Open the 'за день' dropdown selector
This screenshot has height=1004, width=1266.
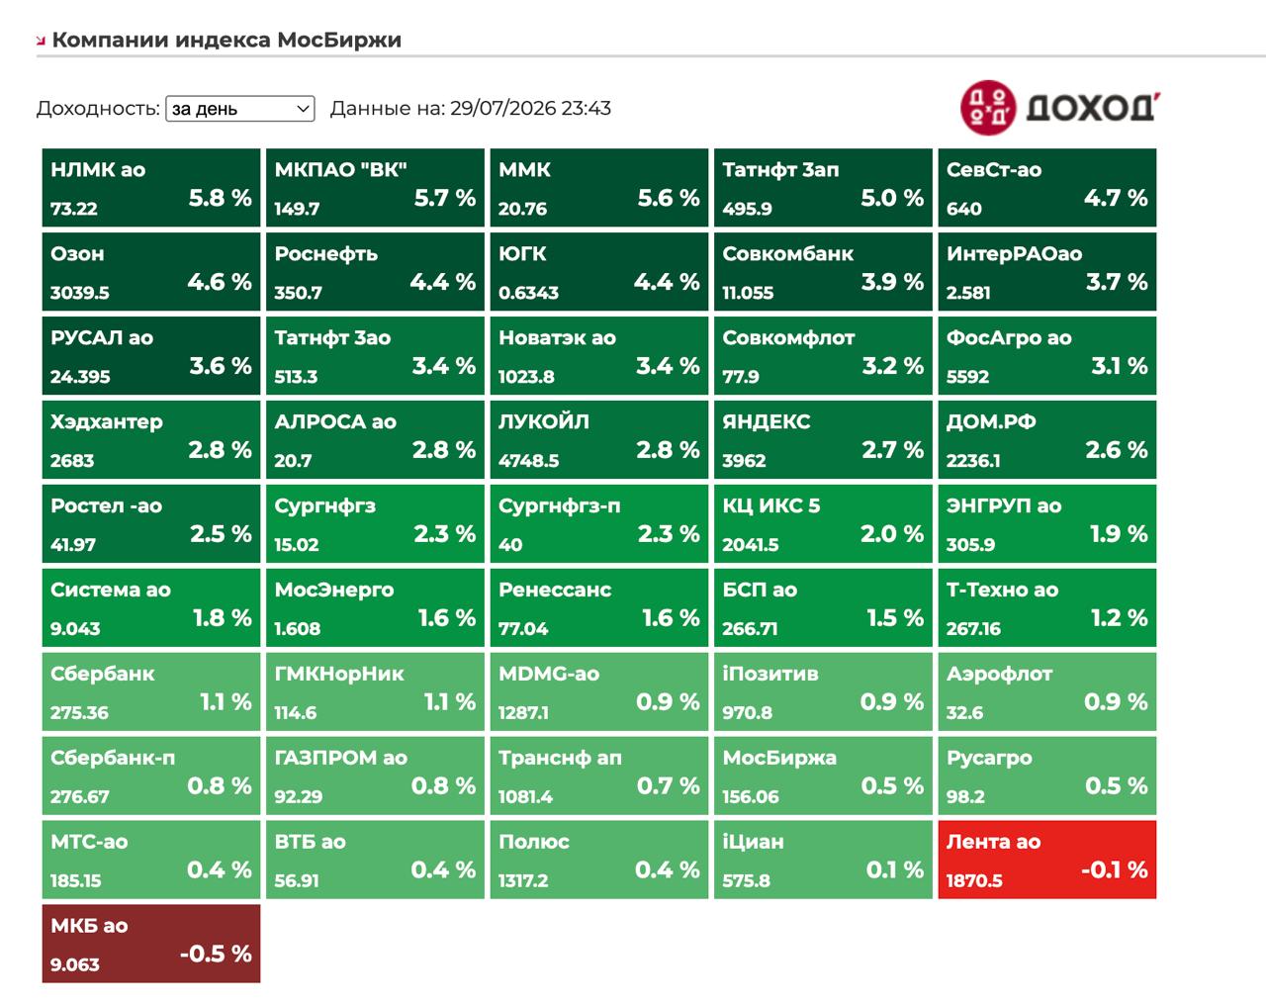click(x=240, y=109)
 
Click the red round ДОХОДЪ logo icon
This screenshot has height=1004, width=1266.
click(x=988, y=108)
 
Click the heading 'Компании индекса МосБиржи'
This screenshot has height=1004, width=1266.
click(x=226, y=40)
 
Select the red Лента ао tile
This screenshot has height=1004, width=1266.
click(x=1047, y=860)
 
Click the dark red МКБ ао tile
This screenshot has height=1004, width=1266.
click(x=151, y=944)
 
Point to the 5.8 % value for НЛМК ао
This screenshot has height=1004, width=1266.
click(x=220, y=198)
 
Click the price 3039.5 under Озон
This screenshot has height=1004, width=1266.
click(x=80, y=293)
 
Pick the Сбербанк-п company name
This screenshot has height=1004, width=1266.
click(x=113, y=758)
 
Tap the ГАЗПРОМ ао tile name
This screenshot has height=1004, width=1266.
click(x=340, y=758)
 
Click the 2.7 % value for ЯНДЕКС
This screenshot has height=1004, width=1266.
click(x=892, y=450)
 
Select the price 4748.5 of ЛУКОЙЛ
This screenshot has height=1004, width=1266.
click(x=529, y=460)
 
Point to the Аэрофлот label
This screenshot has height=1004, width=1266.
click(x=1000, y=674)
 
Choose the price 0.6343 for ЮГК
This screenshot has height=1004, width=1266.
click(x=528, y=293)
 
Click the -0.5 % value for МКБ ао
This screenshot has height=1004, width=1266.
click(x=216, y=954)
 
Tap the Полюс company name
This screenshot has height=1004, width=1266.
click(x=534, y=842)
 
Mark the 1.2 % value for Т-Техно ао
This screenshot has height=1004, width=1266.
click(x=1119, y=618)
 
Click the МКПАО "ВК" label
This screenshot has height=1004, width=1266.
click(x=340, y=169)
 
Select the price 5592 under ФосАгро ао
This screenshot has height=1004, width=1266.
click(x=967, y=377)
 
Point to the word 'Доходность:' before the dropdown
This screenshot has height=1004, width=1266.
click(x=98, y=108)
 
